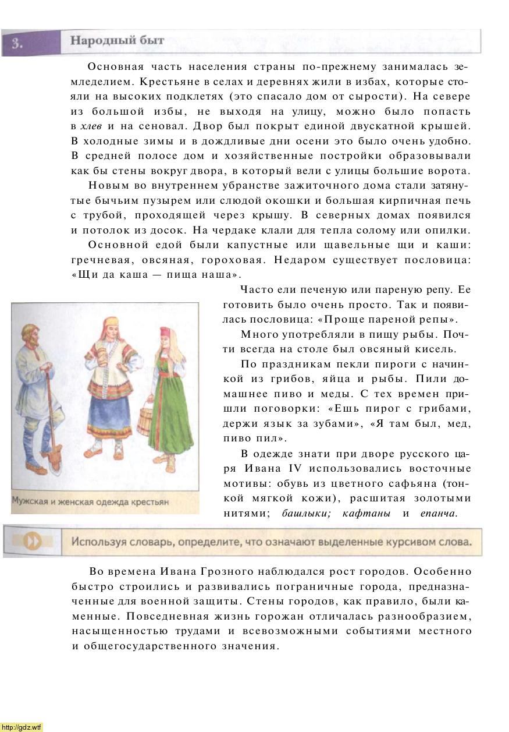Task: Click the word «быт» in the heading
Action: tap(151, 41)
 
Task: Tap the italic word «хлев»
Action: tap(91, 126)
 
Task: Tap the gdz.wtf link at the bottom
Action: tap(22, 727)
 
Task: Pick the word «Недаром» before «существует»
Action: tap(301, 260)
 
